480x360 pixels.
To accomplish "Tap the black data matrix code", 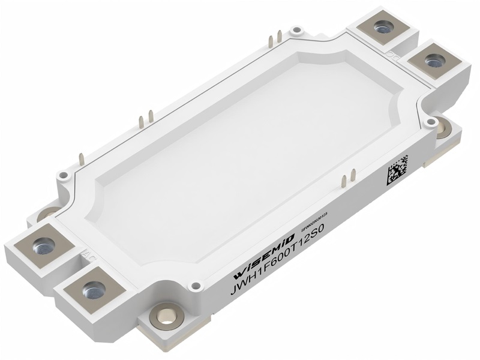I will click(397, 171).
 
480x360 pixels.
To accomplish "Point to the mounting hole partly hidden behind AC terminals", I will click(49, 214).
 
